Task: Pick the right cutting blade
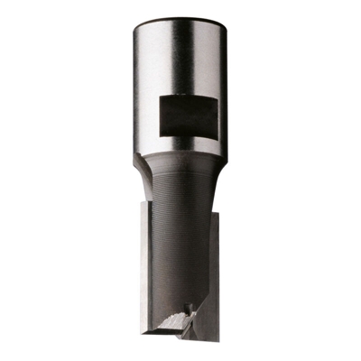click(217, 271)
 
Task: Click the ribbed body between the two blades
click(180, 235)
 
